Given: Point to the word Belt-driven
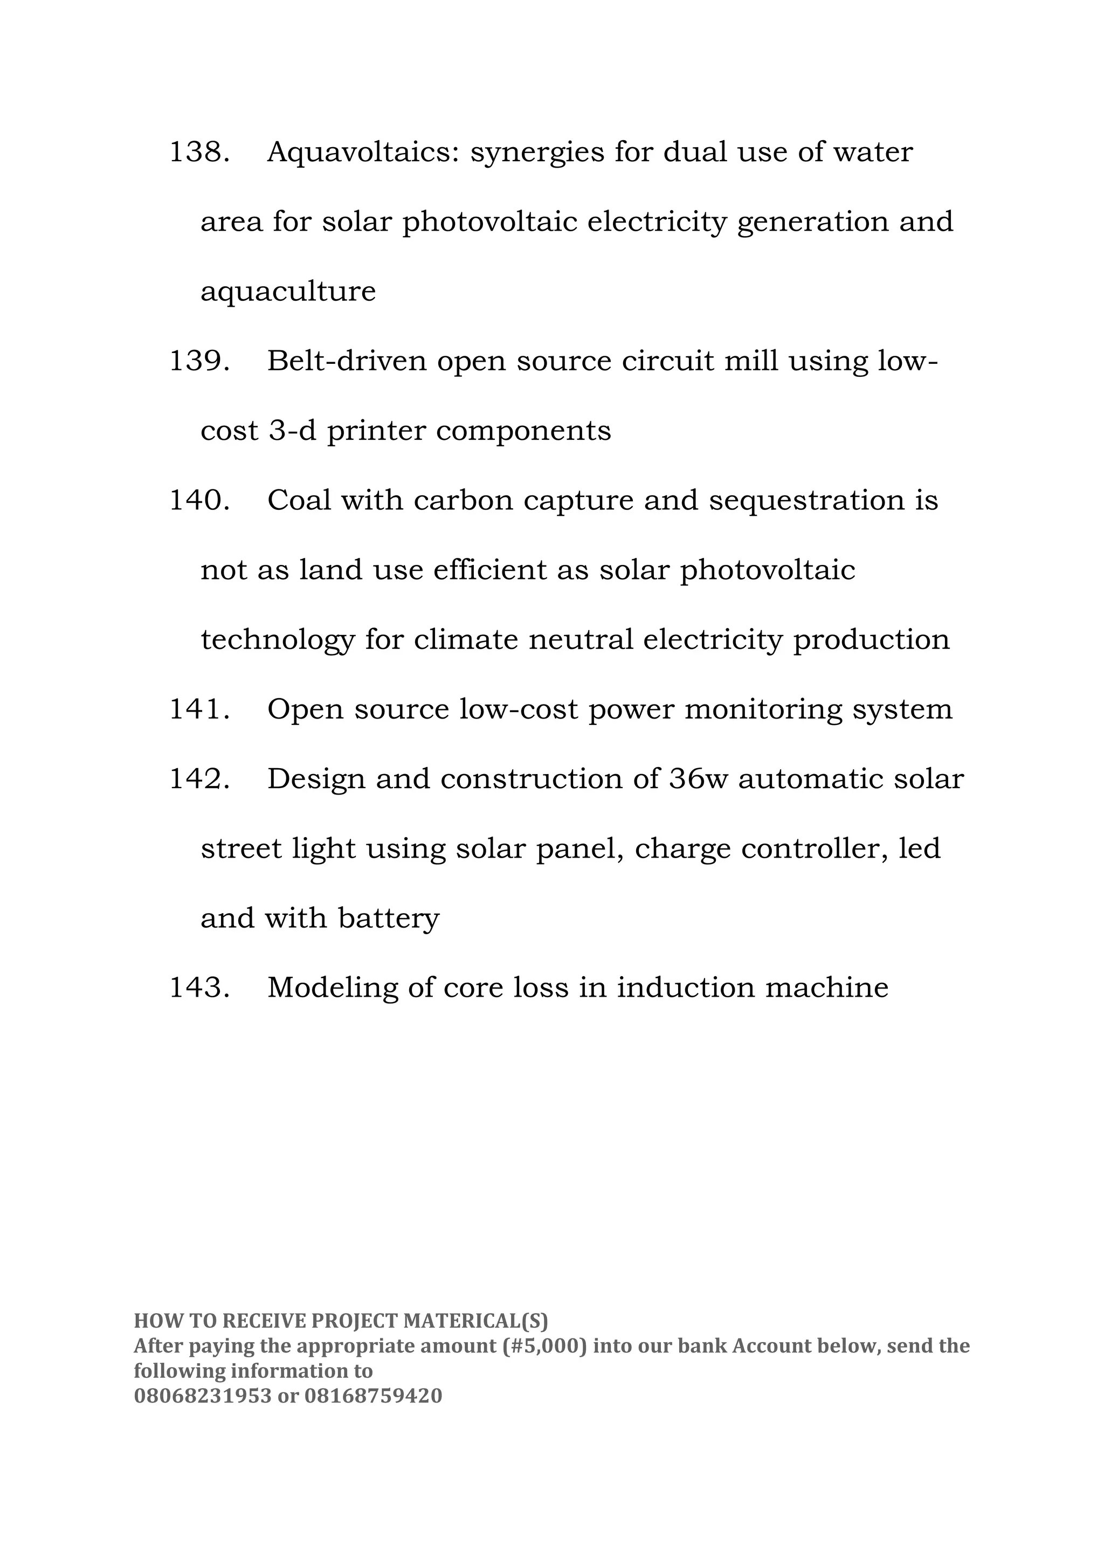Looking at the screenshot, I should (347, 361).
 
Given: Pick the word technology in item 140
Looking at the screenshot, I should (278, 640).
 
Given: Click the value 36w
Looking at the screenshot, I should (698, 779).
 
